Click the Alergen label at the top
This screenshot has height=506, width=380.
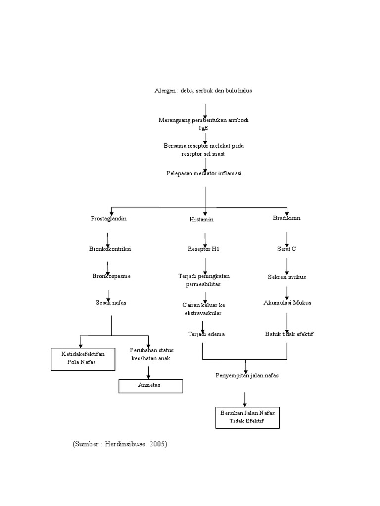point(204,91)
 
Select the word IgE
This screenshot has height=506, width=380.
point(204,127)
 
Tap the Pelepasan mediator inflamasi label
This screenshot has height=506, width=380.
point(204,173)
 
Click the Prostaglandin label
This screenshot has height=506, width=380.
point(109,218)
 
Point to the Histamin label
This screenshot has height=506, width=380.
point(202,219)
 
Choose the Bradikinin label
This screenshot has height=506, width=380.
point(287,218)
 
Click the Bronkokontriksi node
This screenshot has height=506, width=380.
point(110,249)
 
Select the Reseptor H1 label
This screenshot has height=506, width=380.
point(203,249)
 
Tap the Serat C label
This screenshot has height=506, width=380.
point(286,249)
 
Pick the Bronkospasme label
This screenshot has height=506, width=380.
point(111,276)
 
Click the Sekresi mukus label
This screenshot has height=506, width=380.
point(287,277)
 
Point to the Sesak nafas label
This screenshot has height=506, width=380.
point(111,302)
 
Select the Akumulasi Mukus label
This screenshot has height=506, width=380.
point(287,302)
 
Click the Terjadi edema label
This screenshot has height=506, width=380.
point(206,334)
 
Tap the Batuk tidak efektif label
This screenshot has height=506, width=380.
point(289,334)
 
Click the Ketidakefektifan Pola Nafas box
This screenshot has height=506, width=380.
point(83,358)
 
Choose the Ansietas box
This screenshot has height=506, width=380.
point(151,385)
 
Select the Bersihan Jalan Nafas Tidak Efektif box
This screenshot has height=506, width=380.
point(247,417)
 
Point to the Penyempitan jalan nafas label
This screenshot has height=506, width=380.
point(247,375)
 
